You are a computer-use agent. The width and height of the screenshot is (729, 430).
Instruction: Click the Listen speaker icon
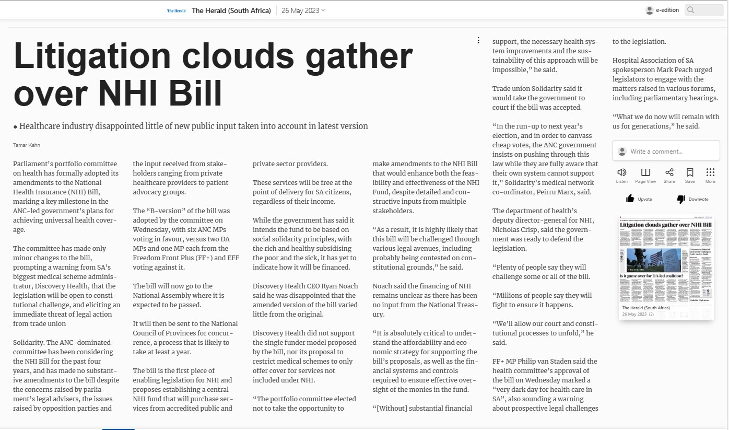[x=621, y=172]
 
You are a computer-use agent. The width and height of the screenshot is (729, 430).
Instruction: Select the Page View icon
[x=645, y=172]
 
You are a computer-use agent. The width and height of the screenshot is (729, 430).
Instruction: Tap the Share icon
[x=669, y=172]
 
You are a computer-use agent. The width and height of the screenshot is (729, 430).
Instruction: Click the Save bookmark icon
[x=690, y=172]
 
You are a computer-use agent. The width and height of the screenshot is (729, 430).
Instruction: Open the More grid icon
[x=710, y=172]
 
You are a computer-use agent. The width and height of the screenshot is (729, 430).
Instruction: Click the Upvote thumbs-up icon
[x=630, y=199]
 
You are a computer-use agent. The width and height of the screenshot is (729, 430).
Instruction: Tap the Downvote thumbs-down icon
[x=681, y=199]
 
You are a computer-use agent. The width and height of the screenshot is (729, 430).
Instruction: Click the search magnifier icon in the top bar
[x=691, y=10]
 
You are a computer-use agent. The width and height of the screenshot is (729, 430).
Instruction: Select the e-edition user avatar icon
[x=650, y=10]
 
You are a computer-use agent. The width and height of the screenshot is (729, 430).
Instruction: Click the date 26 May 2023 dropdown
[x=303, y=10]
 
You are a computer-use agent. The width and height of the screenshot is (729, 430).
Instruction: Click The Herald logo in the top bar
[x=176, y=10]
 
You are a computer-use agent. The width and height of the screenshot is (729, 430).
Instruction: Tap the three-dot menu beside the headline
[x=478, y=40]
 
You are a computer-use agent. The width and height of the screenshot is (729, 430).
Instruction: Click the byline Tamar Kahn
[x=27, y=145]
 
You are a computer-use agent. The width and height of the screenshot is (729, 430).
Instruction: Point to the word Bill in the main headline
[x=196, y=94]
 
